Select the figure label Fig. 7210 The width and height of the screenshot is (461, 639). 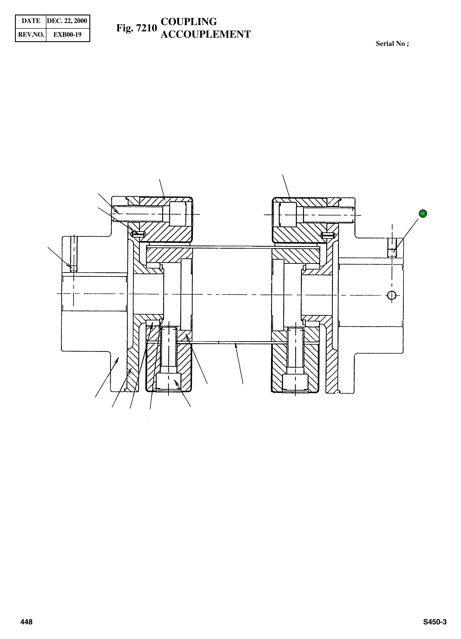click(x=136, y=28)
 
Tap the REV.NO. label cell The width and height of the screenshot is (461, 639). click(x=31, y=35)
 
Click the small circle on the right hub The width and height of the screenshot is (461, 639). click(x=392, y=295)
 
